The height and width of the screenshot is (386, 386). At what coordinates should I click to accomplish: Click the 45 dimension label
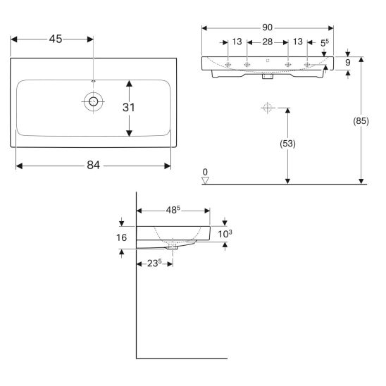pyautogui.click(x=56, y=39)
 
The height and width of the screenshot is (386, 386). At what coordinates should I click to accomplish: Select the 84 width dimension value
pyautogui.click(x=93, y=166)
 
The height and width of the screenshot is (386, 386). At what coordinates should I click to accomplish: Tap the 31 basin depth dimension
pyautogui.click(x=128, y=107)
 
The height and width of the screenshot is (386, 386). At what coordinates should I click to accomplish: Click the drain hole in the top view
pyautogui.click(x=93, y=101)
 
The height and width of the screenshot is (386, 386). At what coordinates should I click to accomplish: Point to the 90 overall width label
pyautogui.click(x=268, y=27)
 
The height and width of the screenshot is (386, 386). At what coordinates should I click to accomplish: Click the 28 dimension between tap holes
pyautogui.click(x=268, y=42)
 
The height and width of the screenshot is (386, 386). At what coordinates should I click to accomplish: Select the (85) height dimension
pyautogui.click(x=361, y=121)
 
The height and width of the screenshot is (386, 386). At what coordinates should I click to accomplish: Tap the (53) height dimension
pyautogui.click(x=287, y=144)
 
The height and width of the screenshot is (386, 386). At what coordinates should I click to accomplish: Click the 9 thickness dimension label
pyautogui.click(x=347, y=63)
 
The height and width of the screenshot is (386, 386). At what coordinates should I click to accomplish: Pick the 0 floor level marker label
pyautogui.click(x=205, y=172)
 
